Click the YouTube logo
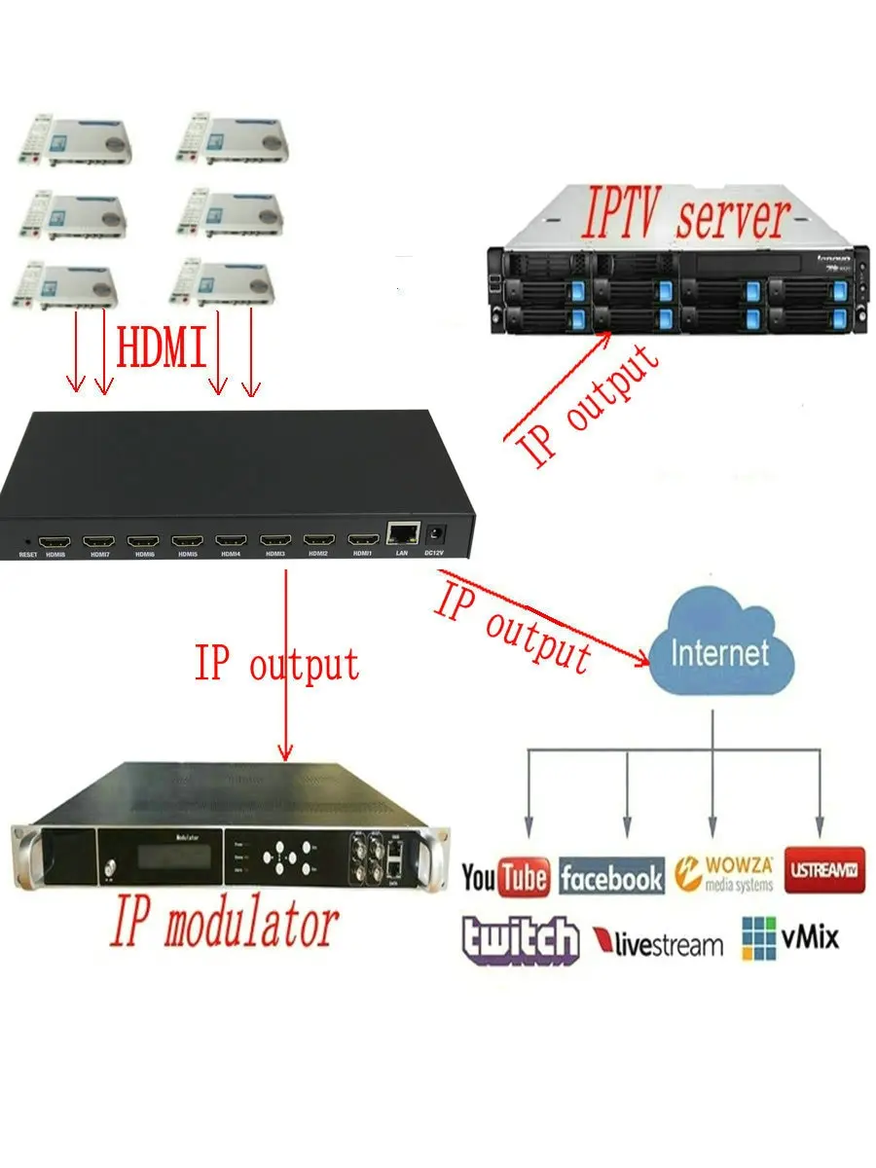click(504, 877)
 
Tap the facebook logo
click(611, 878)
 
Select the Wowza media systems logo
click(724, 873)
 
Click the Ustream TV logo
click(824, 868)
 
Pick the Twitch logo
click(520, 939)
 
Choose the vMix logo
click(789, 937)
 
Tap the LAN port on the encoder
click(401, 533)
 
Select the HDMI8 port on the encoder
click(55, 539)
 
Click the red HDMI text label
click(162, 348)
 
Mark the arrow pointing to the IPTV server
click(560, 384)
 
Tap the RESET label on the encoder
click(27, 555)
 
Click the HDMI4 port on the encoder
click(231, 539)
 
